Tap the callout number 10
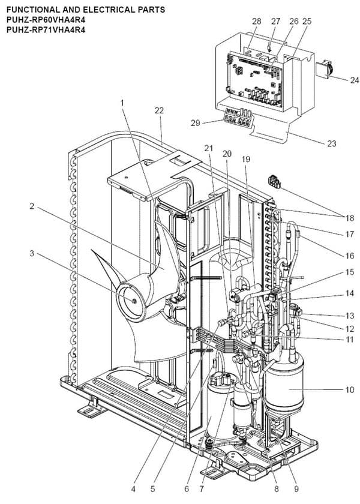coord(349,389)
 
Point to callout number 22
coord(158,110)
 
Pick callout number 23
coord(331,143)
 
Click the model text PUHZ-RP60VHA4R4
coord(42,20)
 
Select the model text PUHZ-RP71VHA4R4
coord(42,29)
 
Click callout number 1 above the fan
coord(122,103)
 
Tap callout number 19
coord(246,159)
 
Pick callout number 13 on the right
coord(349,316)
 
